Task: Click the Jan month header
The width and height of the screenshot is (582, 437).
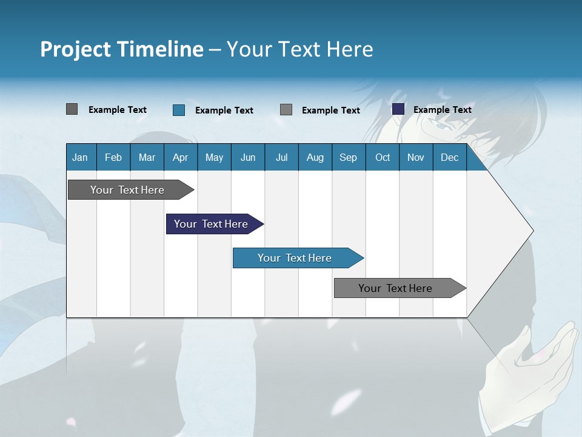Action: [x=80, y=157]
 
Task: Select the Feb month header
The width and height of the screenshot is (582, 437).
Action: [x=113, y=157]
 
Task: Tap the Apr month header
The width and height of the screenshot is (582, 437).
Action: [x=180, y=157]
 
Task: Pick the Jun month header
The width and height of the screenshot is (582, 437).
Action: [x=248, y=157]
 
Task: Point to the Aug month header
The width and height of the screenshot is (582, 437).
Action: [x=315, y=157]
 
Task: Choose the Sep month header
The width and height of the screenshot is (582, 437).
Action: [x=348, y=157]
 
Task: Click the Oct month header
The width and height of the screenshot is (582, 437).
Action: [x=383, y=157]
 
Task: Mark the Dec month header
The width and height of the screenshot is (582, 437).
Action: [x=449, y=157]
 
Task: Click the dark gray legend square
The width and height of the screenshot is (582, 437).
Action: [x=72, y=109]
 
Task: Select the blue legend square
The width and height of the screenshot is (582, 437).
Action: [x=179, y=110]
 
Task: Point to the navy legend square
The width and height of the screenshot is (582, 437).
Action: [x=398, y=109]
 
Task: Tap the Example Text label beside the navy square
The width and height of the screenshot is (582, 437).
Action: [x=442, y=109]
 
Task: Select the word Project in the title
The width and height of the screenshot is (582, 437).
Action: [x=76, y=49]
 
